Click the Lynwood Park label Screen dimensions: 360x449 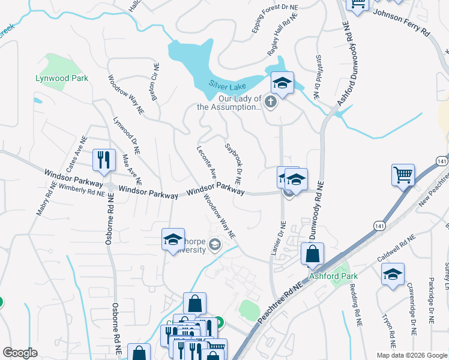click(x=62, y=78)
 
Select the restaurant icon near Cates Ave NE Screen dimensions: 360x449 click(x=103, y=160)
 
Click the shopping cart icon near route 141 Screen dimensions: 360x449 click(x=403, y=175)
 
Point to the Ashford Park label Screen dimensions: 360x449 click(x=333, y=276)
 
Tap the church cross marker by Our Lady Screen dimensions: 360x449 click(x=271, y=101)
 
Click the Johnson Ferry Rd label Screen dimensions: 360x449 click(x=402, y=21)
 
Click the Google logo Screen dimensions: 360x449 click(x=20, y=353)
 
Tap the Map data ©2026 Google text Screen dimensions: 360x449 click(x=411, y=355)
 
